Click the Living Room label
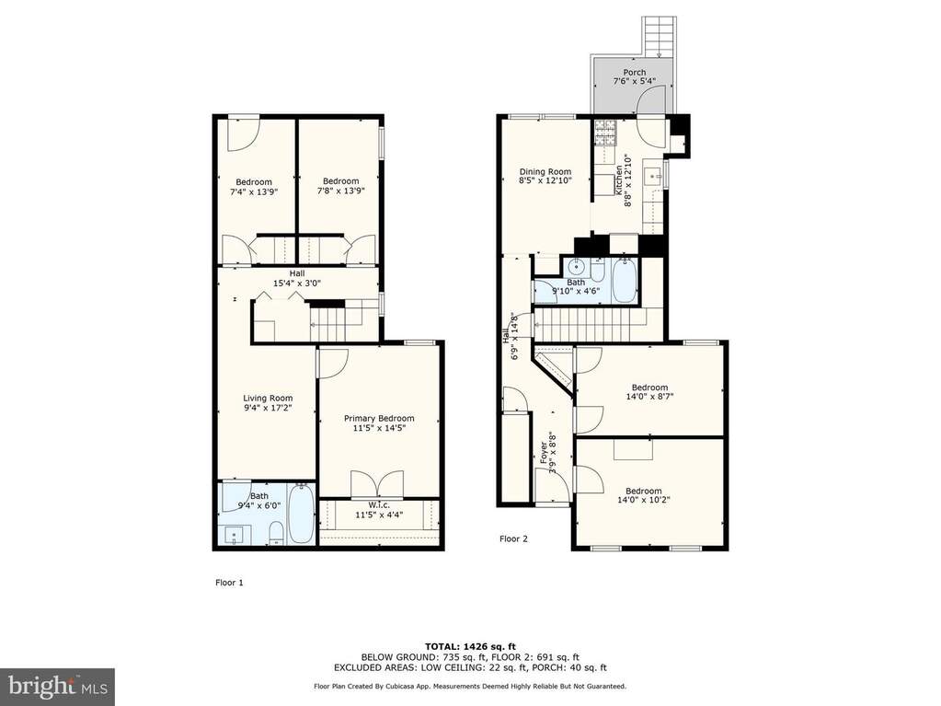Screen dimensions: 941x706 (268, 398)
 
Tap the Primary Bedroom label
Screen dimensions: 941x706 (379, 419)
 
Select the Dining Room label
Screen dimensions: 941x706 (545, 172)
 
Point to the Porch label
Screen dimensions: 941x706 (635, 73)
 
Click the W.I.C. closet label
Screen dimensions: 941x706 (379, 505)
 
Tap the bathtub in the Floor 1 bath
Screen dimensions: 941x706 (300, 515)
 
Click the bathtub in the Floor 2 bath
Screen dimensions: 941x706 (625, 280)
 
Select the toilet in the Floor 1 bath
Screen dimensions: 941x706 (276, 533)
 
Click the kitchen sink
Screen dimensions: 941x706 (653, 177)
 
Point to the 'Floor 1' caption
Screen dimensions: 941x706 (229, 583)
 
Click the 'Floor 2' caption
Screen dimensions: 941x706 (513, 539)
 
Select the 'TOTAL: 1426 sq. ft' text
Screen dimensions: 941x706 (471, 646)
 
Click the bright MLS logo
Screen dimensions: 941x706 (57, 686)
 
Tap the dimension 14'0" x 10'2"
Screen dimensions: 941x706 (643, 500)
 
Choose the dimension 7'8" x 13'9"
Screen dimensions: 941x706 (341, 191)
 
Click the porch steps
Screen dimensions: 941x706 (660, 36)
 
